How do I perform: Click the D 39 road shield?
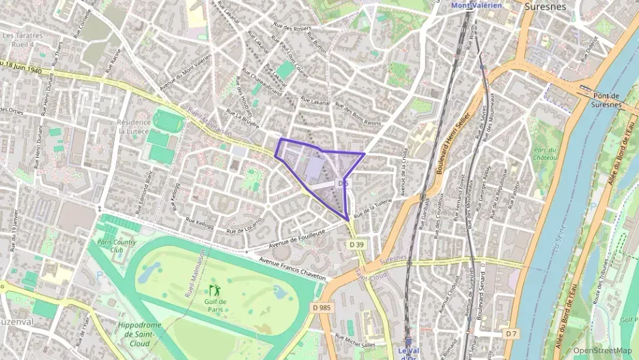coord(356,245)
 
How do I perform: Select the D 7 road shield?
coord(511,333)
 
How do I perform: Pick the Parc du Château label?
coord(546,152)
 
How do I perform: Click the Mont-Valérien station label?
coord(476,5)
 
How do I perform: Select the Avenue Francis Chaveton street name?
coord(294,269)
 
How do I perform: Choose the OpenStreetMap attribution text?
coord(602,350)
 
